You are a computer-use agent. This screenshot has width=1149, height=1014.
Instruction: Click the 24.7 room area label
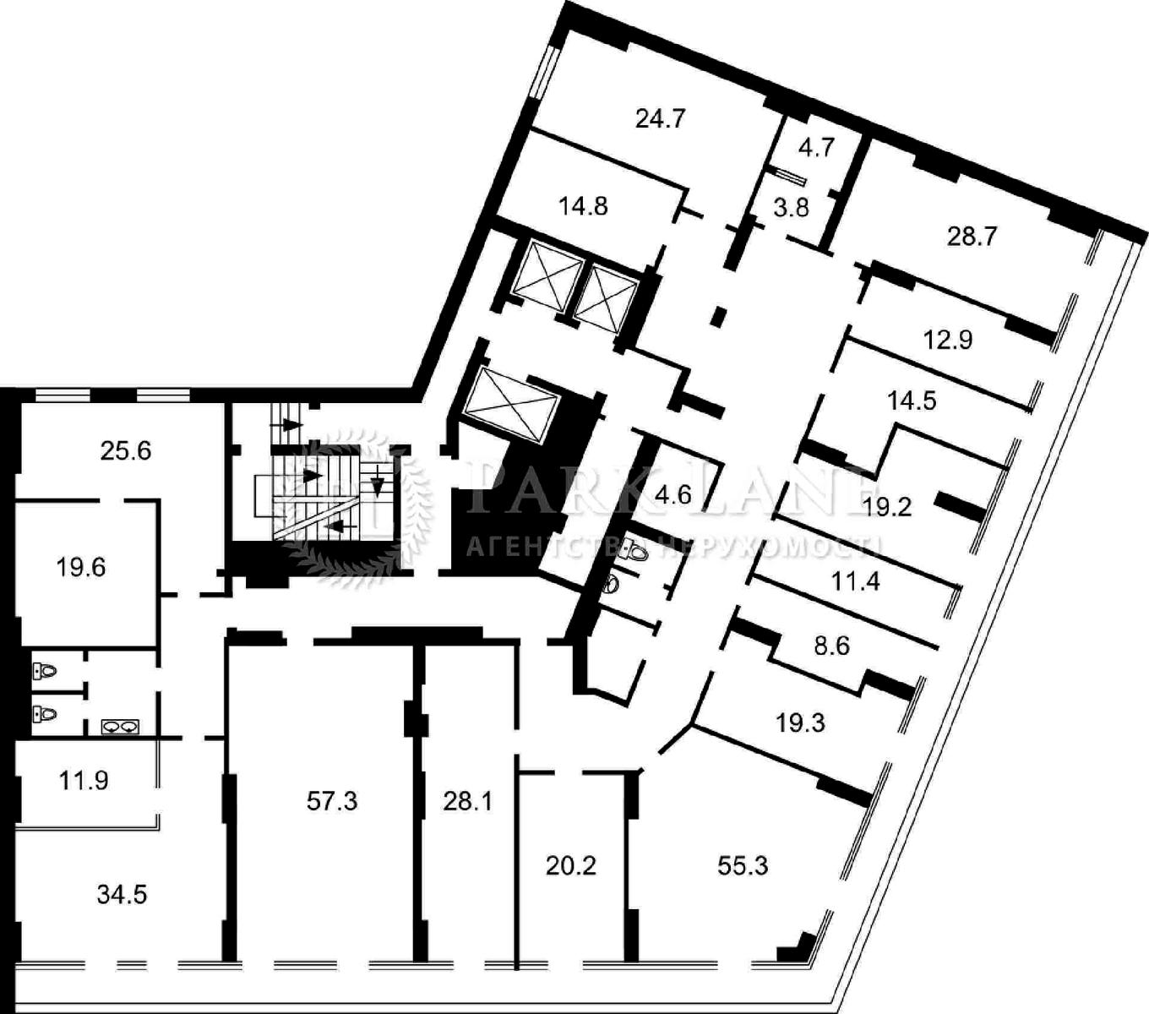coord(661,119)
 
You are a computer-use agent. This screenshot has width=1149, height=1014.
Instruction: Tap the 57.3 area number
coord(332,801)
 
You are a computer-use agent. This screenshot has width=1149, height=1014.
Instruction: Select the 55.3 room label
coord(743,865)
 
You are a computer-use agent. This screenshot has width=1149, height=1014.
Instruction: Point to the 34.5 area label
coord(122,895)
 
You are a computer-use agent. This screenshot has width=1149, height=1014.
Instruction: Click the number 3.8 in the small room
coord(791,208)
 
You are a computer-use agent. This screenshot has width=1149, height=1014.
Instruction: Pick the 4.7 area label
coord(816,148)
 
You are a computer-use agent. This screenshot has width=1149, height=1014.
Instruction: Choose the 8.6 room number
coord(831,646)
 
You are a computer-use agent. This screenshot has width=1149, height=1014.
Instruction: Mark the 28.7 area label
coord(972,236)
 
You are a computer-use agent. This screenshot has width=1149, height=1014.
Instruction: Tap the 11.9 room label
coord(84,780)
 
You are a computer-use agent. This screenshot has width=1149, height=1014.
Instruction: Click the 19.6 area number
coord(81,567)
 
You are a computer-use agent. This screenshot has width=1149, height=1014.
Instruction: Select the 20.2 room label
coord(570,866)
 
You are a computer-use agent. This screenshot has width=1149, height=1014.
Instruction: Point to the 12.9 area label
coord(948,340)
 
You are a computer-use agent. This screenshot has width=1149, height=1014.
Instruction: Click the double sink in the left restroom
coord(120,727)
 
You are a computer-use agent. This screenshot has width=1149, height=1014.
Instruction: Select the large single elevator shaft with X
coord(511,403)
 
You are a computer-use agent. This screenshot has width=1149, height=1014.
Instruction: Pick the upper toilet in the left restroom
coord(44,671)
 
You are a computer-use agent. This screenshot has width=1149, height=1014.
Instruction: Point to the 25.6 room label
coord(126,451)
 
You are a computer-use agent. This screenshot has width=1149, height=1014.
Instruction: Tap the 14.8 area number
coord(583,206)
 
